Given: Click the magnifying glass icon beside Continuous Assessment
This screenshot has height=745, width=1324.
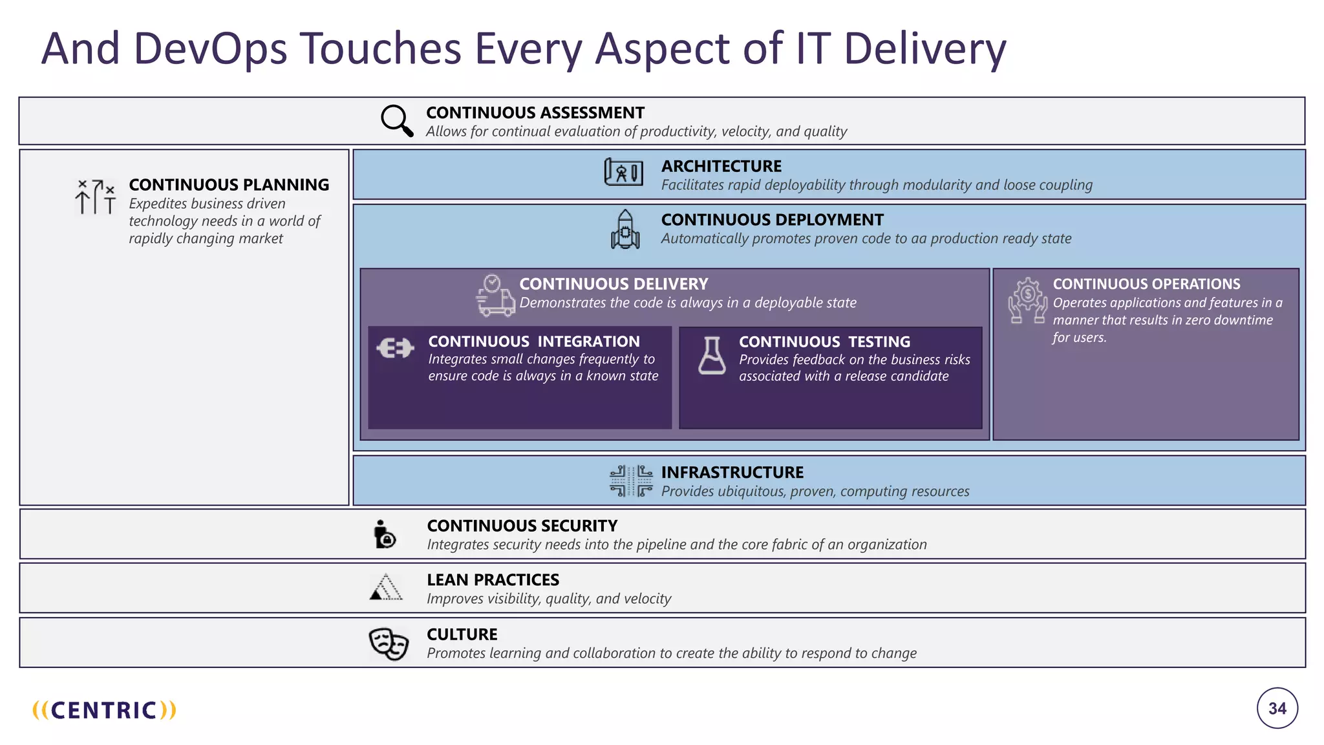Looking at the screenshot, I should [x=396, y=121].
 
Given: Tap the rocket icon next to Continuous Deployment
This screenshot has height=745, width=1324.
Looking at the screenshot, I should [x=625, y=230].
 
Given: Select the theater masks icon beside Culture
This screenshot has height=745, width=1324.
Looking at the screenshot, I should [x=389, y=643].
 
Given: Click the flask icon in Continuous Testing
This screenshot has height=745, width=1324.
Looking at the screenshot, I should [x=712, y=356].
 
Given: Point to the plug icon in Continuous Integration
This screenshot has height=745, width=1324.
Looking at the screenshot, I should [x=395, y=349].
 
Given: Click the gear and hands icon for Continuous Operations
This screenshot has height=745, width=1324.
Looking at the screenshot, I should [x=1027, y=301].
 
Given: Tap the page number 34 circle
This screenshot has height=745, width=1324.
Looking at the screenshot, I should [x=1277, y=708].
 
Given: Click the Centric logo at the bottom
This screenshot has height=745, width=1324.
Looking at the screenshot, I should [x=104, y=710].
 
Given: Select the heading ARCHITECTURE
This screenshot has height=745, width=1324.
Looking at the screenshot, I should [x=721, y=166].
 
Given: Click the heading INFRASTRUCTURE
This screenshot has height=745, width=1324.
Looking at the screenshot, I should [x=732, y=473].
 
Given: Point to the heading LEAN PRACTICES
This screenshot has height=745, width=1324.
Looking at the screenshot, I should [x=493, y=580].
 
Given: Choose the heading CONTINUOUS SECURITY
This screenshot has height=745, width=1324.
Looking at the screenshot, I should [x=522, y=526].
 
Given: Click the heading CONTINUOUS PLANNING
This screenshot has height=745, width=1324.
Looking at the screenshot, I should [x=229, y=185].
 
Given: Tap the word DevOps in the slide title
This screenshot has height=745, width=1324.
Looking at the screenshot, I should [x=210, y=49].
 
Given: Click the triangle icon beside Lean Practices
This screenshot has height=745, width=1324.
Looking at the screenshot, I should [x=386, y=587].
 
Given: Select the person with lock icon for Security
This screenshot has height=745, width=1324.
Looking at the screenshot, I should [x=385, y=534].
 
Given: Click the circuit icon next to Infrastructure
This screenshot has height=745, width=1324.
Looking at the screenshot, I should [x=631, y=480].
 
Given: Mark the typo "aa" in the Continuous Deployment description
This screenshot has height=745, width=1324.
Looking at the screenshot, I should [x=919, y=239].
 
